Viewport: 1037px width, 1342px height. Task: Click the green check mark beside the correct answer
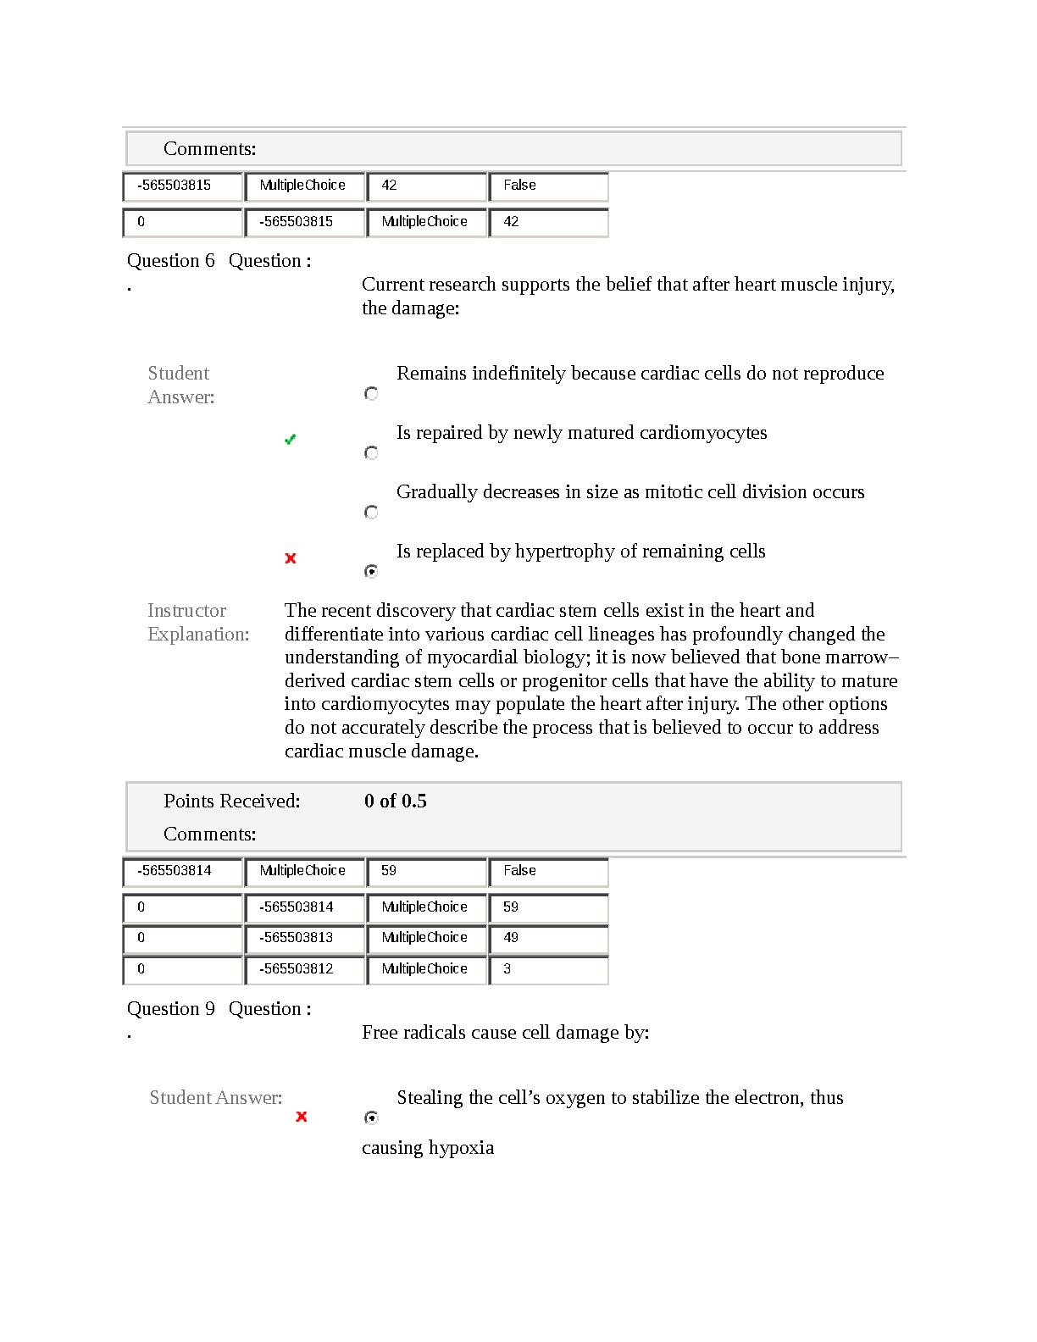(290, 439)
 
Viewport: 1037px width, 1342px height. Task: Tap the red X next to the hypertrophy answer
(291, 557)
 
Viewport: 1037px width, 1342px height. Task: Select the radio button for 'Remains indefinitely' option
(371, 393)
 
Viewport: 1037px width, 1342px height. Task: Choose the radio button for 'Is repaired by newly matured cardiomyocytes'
(371, 452)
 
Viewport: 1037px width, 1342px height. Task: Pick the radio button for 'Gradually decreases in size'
(371, 512)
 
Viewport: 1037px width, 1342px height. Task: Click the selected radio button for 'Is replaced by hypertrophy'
(371, 571)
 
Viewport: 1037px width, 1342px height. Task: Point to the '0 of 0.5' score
(395, 801)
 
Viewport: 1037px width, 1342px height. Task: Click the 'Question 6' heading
(170, 261)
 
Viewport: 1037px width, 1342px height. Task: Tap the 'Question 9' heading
(170, 1009)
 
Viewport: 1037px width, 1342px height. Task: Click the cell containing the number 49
(547, 938)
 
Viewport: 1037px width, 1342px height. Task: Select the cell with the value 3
(547, 969)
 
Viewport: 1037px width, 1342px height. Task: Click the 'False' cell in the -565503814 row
(547, 871)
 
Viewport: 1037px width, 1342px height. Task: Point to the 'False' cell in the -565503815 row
(547, 186)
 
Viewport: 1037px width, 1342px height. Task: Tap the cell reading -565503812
(304, 969)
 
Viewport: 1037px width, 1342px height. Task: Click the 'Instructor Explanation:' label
(198, 622)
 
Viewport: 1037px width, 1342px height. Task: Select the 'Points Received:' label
(231, 801)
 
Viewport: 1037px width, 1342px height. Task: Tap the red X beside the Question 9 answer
(301, 1117)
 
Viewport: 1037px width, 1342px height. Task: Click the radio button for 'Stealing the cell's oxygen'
(371, 1117)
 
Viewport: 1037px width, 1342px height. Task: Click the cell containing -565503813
(304, 938)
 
